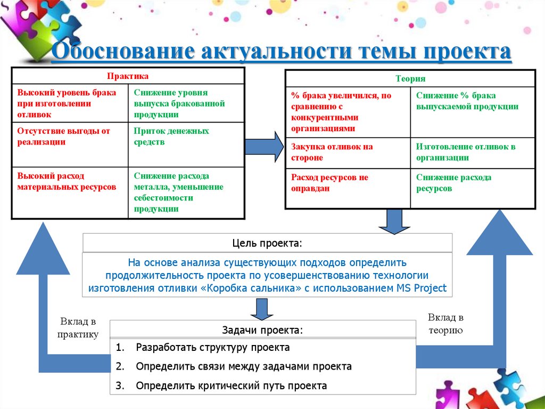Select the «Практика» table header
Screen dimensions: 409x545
pyautogui.click(x=128, y=76)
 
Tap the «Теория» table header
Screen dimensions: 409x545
pyautogui.click(x=410, y=78)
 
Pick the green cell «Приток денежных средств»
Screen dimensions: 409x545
pyautogui.click(x=171, y=137)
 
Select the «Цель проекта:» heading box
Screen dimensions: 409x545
pyautogui.click(x=267, y=243)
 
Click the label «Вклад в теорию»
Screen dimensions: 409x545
pyautogui.click(x=445, y=324)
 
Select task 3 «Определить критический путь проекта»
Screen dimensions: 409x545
pyautogui.click(x=231, y=386)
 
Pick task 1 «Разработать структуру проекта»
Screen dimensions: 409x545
pyautogui.click(x=212, y=348)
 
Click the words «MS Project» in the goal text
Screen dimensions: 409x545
pyautogui.click(x=422, y=289)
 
